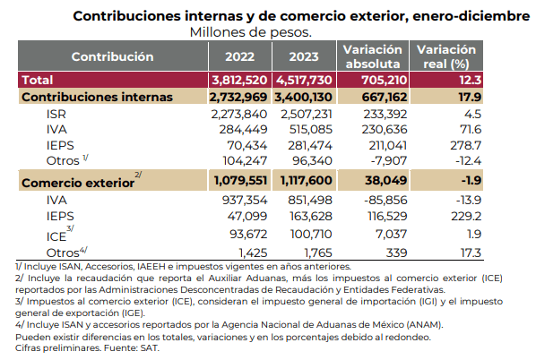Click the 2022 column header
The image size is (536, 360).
pos(239,56)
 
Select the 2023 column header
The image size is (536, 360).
pos(304,56)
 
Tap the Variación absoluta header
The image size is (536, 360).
pos(373,56)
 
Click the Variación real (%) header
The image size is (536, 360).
pos(446,56)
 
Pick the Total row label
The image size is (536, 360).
pos(38,80)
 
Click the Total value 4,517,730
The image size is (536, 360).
pos(304,80)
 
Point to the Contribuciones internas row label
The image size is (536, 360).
pos(97,97)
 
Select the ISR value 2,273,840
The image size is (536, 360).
pos(239,114)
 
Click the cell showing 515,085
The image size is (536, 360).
pos(311,130)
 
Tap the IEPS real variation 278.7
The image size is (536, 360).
pos(465,145)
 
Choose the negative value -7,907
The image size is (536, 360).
pos(389,160)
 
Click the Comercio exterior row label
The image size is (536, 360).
pos(78,183)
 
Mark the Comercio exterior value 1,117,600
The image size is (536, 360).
pos(307,180)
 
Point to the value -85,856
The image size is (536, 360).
pos(385,201)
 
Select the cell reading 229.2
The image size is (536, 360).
pos(466,216)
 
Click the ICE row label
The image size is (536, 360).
pos(56,236)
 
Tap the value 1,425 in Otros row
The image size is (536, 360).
pos(253,253)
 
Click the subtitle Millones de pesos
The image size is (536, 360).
pos(251,32)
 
